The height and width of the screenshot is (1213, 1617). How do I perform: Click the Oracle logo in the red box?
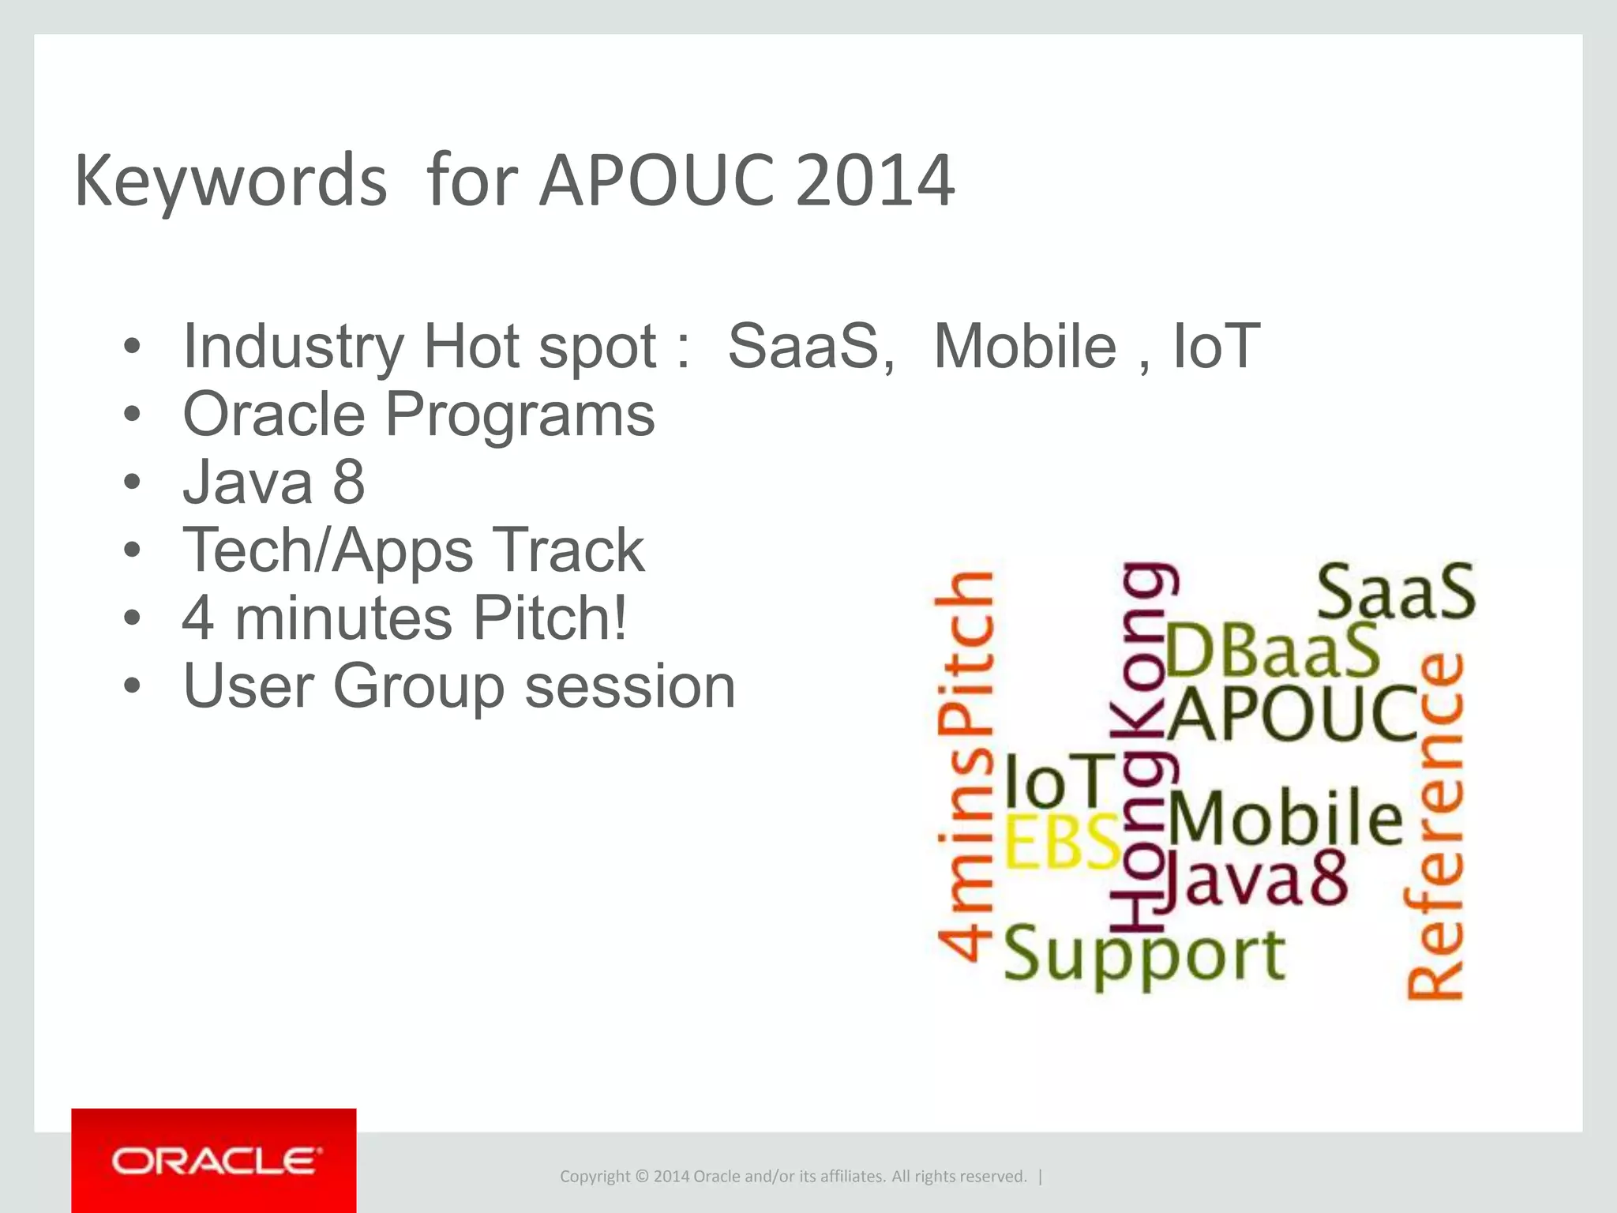[215, 1161]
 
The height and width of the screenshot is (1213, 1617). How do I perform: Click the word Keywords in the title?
[231, 182]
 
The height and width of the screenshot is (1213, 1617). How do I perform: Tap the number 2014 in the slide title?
[874, 182]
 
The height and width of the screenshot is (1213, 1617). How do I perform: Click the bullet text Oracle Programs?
[418, 414]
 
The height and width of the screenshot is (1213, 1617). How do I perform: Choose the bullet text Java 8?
[273, 482]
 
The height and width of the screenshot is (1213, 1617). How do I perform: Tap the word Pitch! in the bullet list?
[550, 618]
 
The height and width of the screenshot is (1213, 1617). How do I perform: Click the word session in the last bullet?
[630, 685]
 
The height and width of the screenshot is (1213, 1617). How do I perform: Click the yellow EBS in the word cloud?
[1062, 842]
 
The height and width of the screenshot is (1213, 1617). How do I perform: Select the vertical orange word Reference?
[1435, 825]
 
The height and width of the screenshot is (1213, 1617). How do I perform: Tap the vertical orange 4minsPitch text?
[965, 766]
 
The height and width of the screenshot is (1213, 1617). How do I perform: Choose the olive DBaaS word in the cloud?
[1271, 652]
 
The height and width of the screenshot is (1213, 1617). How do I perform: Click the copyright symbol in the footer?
[641, 1177]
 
